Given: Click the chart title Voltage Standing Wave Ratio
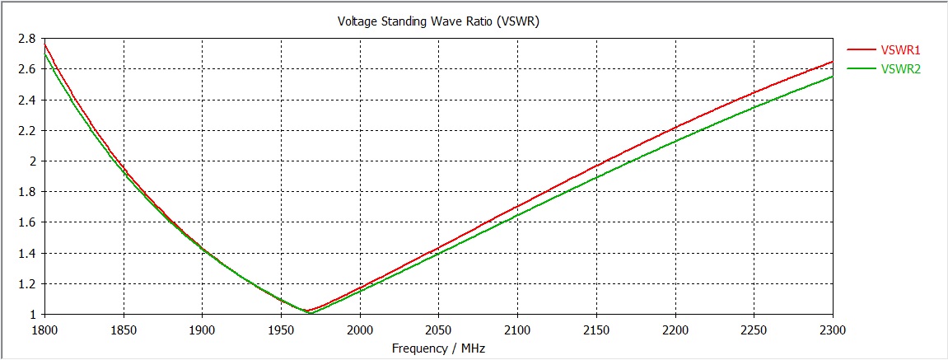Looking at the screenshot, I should [438, 21].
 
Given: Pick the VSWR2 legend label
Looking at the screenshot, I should [900, 69].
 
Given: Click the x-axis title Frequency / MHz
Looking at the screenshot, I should [438, 348].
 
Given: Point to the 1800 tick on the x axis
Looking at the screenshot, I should [44, 330].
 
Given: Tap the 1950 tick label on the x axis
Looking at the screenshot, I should [280, 330].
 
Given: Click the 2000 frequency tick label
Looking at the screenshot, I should [359, 330].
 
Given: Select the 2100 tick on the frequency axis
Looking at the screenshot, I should [517, 330].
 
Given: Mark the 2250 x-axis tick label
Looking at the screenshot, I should [754, 330].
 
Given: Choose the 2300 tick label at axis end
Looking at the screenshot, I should [833, 330].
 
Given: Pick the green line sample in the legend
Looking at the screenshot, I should [860, 69].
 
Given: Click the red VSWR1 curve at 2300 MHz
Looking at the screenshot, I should [833, 62].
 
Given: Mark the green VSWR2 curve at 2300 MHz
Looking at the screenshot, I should [833, 77].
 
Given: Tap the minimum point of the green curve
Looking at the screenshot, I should [310, 314].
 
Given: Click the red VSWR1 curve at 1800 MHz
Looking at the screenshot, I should [44, 44].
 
